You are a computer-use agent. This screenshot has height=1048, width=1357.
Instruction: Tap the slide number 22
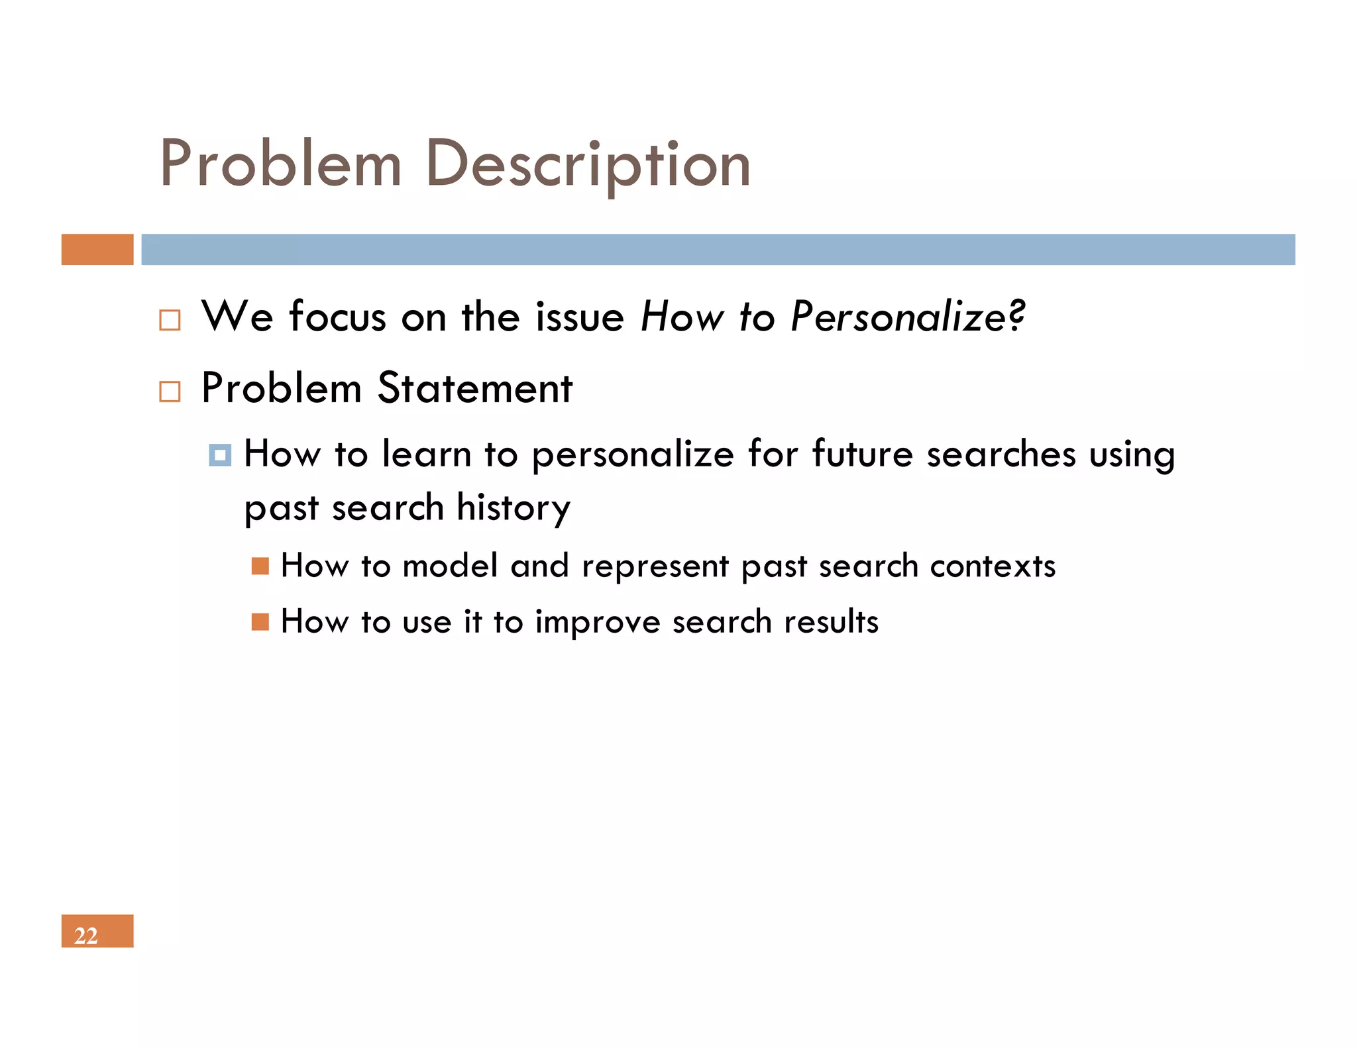coord(86,935)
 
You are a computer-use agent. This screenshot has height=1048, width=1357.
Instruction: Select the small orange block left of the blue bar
coord(97,250)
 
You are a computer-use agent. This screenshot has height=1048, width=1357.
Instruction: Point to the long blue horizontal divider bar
coord(718,250)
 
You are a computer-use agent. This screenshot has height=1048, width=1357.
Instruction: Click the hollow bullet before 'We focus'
coord(170,321)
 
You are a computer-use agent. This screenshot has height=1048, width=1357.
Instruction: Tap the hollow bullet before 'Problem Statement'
coord(170,392)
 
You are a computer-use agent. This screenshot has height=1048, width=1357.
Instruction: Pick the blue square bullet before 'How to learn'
coord(220,455)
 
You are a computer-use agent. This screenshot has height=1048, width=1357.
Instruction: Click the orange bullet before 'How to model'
coord(260,566)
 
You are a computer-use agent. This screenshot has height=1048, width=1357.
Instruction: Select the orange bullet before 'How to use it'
coord(260,622)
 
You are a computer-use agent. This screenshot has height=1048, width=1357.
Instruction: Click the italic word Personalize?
coord(908,317)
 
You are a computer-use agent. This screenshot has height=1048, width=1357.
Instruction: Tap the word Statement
coord(474,388)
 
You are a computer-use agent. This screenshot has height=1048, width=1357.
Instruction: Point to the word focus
coord(337,317)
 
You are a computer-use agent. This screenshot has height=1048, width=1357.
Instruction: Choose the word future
coord(863,454)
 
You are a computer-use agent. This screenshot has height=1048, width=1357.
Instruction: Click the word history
coord(514,509)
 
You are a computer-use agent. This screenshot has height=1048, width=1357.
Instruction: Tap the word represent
coord(655,567)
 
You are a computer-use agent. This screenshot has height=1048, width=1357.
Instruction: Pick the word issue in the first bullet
coord(580,317)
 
